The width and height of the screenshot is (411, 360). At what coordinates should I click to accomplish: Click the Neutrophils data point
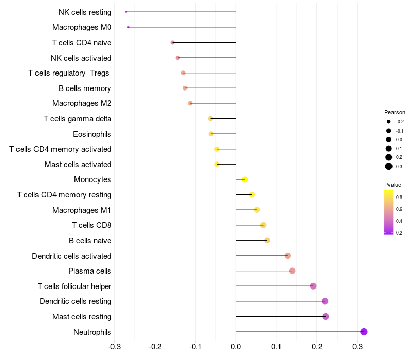pos(364,332)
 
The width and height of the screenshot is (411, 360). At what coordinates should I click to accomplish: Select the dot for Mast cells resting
pos(326,316)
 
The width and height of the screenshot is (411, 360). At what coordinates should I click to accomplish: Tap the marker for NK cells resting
pos(126,12)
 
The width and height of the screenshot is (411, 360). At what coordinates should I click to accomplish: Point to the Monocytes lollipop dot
pos(245,179)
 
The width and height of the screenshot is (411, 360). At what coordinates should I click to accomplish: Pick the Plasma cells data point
pos(292,271)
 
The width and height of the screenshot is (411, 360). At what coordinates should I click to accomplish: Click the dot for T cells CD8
pos(264,225)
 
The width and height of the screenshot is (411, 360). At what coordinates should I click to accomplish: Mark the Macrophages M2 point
pos(190,103)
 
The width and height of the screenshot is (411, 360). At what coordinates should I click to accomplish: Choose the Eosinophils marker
pos(211,134)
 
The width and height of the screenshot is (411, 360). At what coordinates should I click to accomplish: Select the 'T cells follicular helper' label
pos(74,286)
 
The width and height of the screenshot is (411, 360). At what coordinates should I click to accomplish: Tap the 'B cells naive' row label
pos(90,240)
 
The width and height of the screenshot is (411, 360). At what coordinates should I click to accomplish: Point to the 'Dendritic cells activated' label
pos(71,256)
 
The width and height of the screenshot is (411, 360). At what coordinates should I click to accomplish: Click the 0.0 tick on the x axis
pos(236,346)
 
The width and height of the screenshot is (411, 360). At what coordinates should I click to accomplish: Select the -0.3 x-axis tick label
pos(114,346)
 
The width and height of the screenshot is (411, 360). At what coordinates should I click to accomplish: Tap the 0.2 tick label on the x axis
pos(317,346)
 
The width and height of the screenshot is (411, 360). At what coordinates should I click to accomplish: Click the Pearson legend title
pos(395,112)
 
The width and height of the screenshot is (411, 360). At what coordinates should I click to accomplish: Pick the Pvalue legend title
pos(393,185)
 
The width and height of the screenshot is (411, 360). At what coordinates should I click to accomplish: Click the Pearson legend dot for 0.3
pos(389,166)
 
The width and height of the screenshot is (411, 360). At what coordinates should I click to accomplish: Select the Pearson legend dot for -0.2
pos(389,122)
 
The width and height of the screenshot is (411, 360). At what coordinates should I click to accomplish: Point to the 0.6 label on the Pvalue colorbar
pos(399,209)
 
